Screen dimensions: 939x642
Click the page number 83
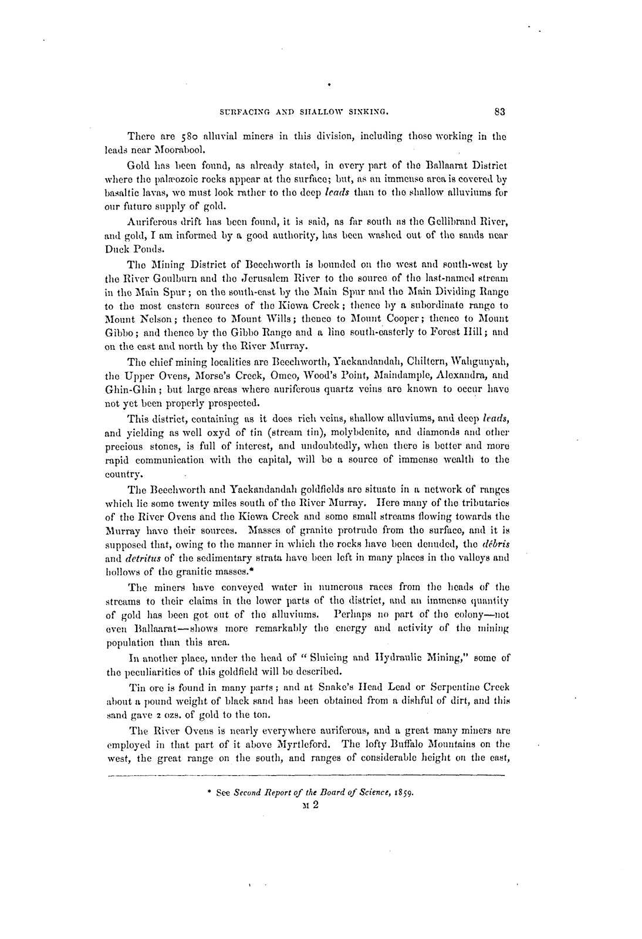pyautogui.click(x=500, y=109)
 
